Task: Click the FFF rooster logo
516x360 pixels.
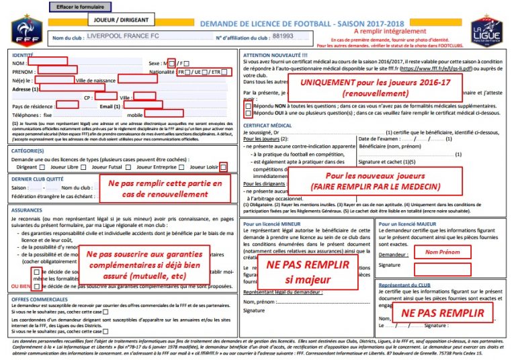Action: pos(26,30)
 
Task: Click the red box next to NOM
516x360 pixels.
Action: pos(48,62)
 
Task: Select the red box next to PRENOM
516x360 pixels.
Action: pos(56,71)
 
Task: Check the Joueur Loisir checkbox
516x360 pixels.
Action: pos(223,167)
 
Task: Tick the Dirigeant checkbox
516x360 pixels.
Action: pos(42,167)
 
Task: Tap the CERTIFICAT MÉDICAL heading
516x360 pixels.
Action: pos(267,126)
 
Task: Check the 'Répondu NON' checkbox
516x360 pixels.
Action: pos(249,106)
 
